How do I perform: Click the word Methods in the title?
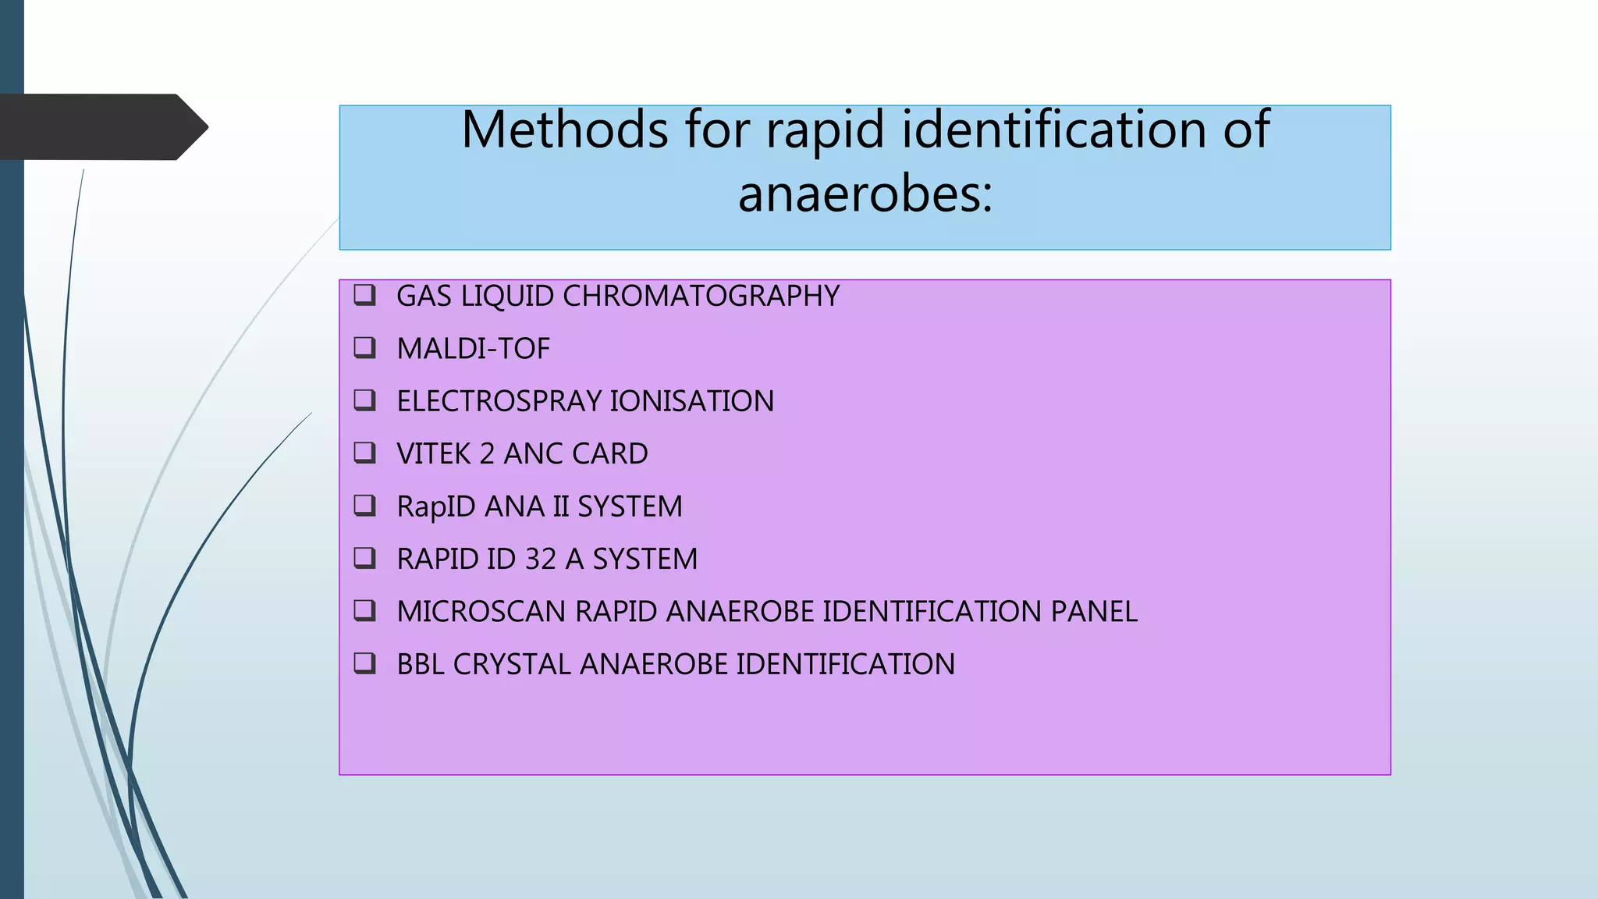564,130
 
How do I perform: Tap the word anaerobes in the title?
865,194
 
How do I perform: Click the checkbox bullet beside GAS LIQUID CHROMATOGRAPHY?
365,295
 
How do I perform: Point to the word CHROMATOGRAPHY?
701,297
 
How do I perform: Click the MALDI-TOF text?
473,349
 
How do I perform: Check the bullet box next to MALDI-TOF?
365,347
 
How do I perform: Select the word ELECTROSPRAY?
499,401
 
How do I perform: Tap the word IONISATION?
691,401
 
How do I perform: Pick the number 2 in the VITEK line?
487,454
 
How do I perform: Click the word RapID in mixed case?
436,507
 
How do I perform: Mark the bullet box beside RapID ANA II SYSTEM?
365,506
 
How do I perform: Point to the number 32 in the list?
540,560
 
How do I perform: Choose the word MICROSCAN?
481,612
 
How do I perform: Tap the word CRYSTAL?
512,665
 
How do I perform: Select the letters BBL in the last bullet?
421,665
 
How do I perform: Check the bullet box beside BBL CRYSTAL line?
365,663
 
